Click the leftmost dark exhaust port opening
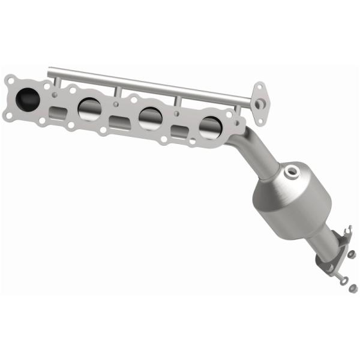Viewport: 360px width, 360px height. coord(29,97)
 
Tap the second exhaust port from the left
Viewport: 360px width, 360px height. coord(89,108)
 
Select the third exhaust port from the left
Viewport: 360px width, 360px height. coord(149,118)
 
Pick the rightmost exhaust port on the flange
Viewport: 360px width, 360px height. coord(209,126)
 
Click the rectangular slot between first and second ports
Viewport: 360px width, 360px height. coord(58,112)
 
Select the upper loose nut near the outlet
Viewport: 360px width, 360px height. coord(352,254)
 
